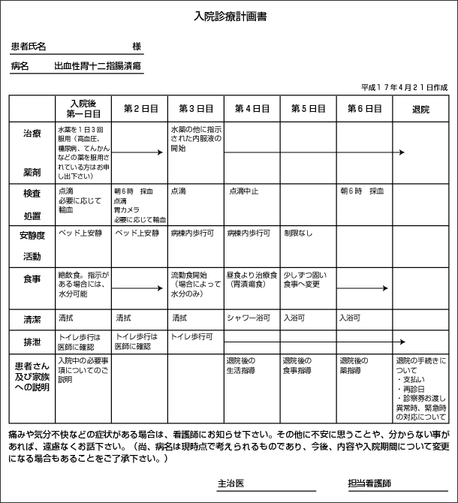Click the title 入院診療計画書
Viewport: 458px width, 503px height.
228,16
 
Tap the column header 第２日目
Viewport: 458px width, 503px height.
140,109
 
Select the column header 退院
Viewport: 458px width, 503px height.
420,109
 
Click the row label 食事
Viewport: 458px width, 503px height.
32,279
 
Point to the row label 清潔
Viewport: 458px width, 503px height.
32,319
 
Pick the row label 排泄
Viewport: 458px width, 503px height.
32,342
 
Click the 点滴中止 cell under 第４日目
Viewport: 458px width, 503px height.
244,191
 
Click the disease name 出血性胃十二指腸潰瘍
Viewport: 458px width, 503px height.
98,67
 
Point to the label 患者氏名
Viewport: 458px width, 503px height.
29,47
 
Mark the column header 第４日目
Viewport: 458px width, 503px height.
252,109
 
